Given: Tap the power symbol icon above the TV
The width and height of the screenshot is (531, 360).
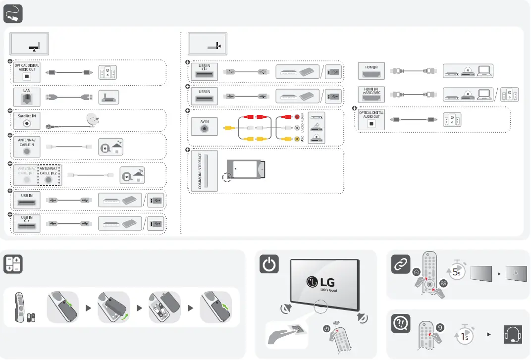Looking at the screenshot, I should (x=268, y=265).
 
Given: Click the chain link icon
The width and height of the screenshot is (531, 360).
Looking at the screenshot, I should (x=400, y=264).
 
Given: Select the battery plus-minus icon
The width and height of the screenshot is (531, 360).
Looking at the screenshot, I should (x=13, y=264).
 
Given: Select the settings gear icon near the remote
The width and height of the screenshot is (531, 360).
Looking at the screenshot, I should (x=443, y=284).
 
